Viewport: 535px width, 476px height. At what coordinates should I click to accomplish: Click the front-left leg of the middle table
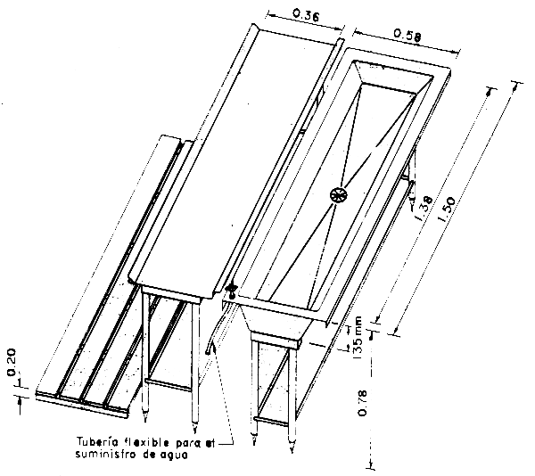[x=146, y=357]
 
